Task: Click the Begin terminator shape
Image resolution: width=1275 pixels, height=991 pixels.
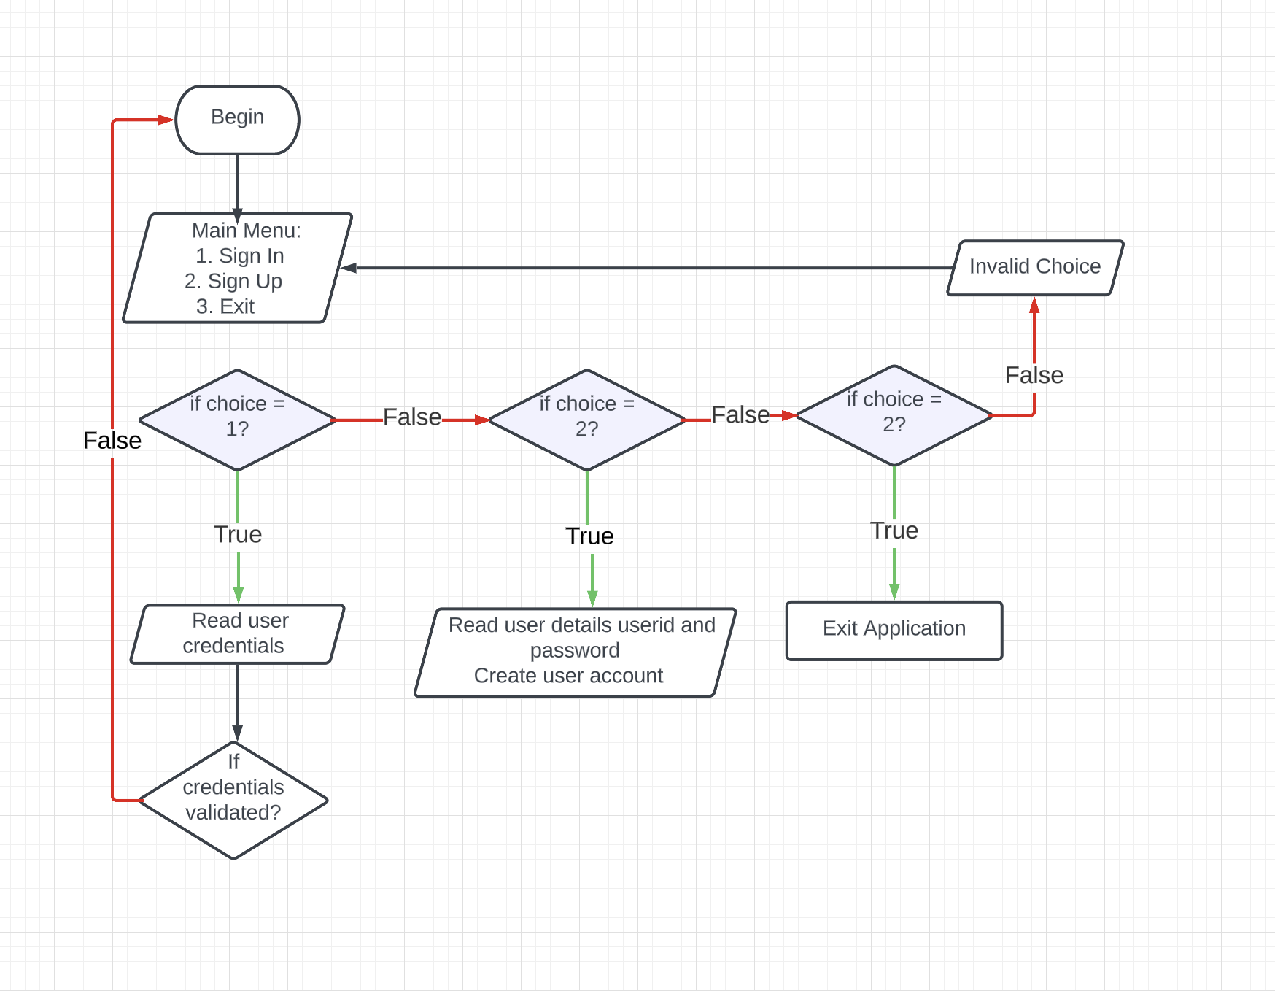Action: pyautogui.click(x=237, y=120)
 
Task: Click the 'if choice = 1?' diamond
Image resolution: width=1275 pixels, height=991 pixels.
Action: pyautogui.click(x=237, y=420)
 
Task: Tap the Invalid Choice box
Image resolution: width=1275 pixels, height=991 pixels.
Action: pyautogui.click(x=1034, y=267)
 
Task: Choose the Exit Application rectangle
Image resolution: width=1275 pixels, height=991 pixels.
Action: pyautogui.click(x=894, y=630)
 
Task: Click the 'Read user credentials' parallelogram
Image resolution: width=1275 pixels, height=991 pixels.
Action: pyautogui.click(x=237, y=633)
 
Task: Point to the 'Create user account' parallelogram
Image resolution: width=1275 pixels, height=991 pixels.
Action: pyautogui.click(x=575, y=652)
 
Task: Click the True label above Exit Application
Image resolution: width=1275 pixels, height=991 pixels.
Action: pyautogui.click(x=894, y=531)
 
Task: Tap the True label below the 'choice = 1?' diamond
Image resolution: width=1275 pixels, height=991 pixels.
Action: pyautogui.click(x=238, y=534)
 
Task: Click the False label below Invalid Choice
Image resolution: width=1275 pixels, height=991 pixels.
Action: pyautogui.click(x=1034, y=375)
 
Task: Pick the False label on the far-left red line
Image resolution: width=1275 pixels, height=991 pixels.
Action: pyautogui.click(x=112, y=441)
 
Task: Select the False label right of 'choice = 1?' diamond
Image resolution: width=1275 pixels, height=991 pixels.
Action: pyautogui.click(x=412, y=417)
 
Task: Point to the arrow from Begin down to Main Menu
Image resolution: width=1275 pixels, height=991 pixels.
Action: pyautogui.click(x=237, y=182)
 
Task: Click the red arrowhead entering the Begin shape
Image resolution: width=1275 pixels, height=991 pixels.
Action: pyautogui.click(x=166, y=120)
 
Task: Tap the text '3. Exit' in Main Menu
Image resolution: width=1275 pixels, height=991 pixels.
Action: pyautogui.click(x=225, y=306)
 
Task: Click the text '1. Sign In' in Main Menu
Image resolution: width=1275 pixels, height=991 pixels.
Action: pyautogui.click(x=239, y=256)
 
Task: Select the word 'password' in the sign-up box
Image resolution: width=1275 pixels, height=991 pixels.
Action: pyautogui.click(x=575, y=650)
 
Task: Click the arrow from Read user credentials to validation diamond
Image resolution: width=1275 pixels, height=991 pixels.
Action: pyautogui.click(x=237, y=701)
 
